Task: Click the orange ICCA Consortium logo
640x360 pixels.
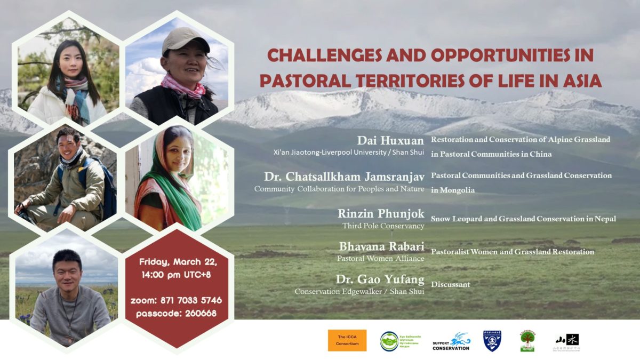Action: point(347,340)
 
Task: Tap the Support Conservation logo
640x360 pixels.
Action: point(451,341)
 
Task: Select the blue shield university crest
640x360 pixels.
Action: point(492,340)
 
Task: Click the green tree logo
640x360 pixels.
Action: point(527,340)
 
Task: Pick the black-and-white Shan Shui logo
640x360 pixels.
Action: point(566,341)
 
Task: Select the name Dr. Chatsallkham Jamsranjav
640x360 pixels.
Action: point(344,177)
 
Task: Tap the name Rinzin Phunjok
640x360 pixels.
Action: point(381,213)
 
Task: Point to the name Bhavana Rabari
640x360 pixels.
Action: point(381,246)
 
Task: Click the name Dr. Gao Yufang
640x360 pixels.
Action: point(380,279)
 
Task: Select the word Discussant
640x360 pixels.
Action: point(450,284)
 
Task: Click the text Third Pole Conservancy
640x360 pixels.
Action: point(383,226)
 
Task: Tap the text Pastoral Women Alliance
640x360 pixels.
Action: point(380,259)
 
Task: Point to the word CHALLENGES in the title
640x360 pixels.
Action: point(319,55)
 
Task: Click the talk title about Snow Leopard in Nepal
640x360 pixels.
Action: point(523,219)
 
